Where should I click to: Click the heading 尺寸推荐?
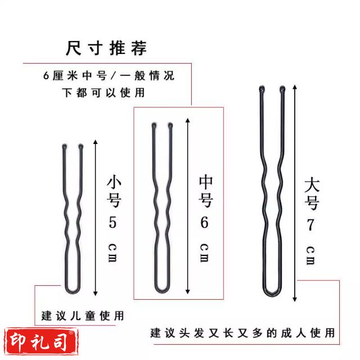[x=106, y=48]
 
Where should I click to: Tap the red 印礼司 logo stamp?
[x=41, y=341]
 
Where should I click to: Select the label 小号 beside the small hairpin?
[x=114, y=191]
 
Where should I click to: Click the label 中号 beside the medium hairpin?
[x=206, y=191]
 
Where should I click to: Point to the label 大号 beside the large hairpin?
[x=312, y=194]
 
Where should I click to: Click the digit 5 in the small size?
[x=112, y=222]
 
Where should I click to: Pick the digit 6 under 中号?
[x=204, y=222]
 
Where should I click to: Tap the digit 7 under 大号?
[x=310, y=225]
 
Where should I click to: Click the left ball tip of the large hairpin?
[x=262, y=89]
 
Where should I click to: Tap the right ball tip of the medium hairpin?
[x=170, y=125]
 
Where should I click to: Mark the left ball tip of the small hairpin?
[x=64, y=146]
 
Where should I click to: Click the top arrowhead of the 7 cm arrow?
[x=295, y=87]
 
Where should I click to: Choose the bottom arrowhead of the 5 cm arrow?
[x=96, y=294]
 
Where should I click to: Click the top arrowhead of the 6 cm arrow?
[x=188, y=120]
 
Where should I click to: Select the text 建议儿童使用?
[x=83, y=316]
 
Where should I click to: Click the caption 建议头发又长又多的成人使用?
[x=242, y=333]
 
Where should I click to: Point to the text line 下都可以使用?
[x=103, y=92]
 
